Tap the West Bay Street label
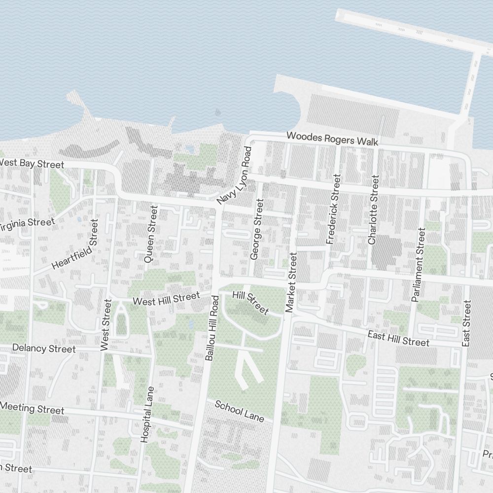[32, 163]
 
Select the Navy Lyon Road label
[234, 176]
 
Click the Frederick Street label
[333, 209]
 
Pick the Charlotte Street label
[373, 210]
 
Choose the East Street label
[467, 322]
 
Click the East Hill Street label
[398, 338]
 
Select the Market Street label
[291, 283]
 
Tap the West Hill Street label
[166, 298]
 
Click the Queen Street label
[150, 234]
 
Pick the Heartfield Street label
[75, 244]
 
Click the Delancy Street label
[44, 348]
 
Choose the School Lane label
[240, 411]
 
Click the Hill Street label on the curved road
[250, 303]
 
